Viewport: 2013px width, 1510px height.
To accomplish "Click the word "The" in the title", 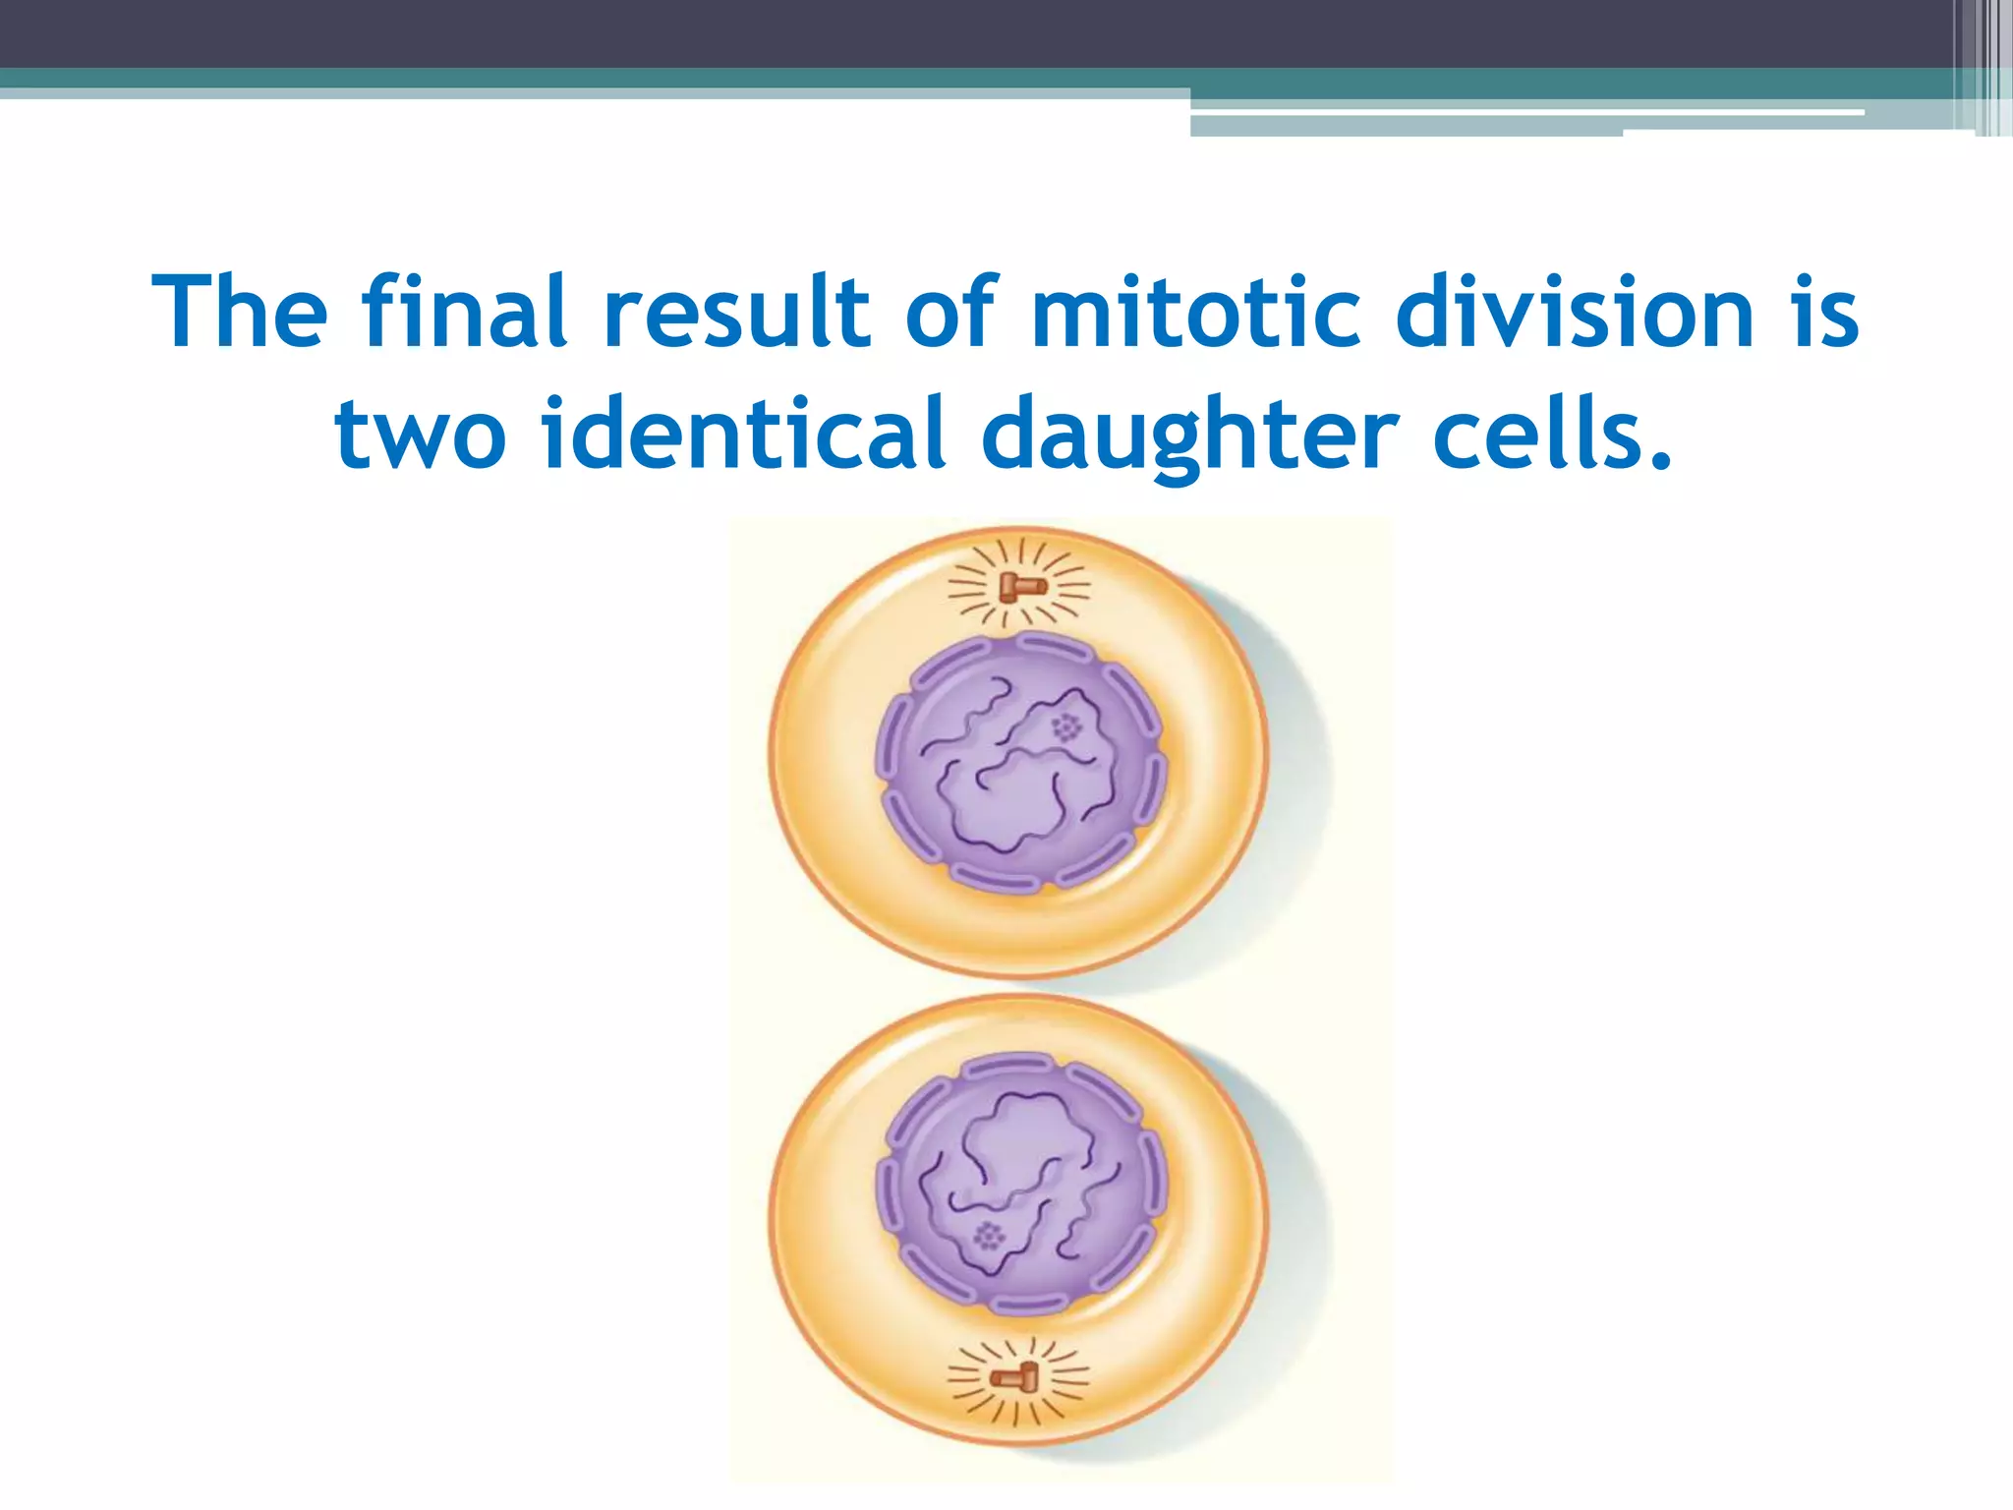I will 240,313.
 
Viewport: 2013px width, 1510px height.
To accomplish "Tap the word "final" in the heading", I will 463,313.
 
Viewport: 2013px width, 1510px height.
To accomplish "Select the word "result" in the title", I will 736,313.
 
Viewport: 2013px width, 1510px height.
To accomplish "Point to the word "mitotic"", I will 1195,313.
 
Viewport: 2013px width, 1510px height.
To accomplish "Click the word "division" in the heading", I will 1574,313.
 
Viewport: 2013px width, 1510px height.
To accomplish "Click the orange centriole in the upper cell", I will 1022,588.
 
